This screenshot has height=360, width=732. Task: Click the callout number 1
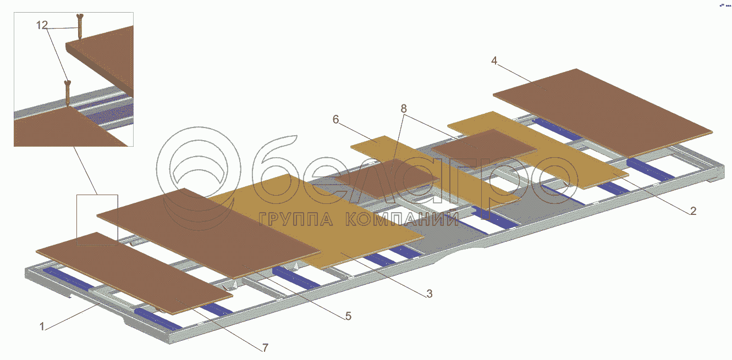point(42,326)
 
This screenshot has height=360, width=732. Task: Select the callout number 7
point(265,347)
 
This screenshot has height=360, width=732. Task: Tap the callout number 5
point(348,316)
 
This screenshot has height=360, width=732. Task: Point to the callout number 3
point(429,294)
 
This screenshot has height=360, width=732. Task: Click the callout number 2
point(693,211)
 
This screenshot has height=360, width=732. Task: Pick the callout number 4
point(494,61)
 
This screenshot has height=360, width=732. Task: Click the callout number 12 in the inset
point(42,25)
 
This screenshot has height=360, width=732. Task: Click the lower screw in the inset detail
point(68,93)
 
